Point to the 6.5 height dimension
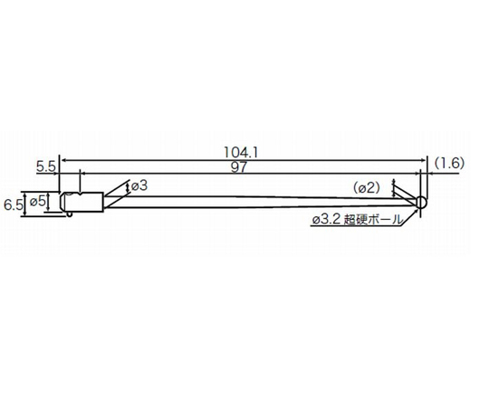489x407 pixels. pos(14,205)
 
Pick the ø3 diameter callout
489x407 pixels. pos(139,185)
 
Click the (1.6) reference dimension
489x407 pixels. pos(448,163)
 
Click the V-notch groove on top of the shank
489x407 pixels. pos(81,193)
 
